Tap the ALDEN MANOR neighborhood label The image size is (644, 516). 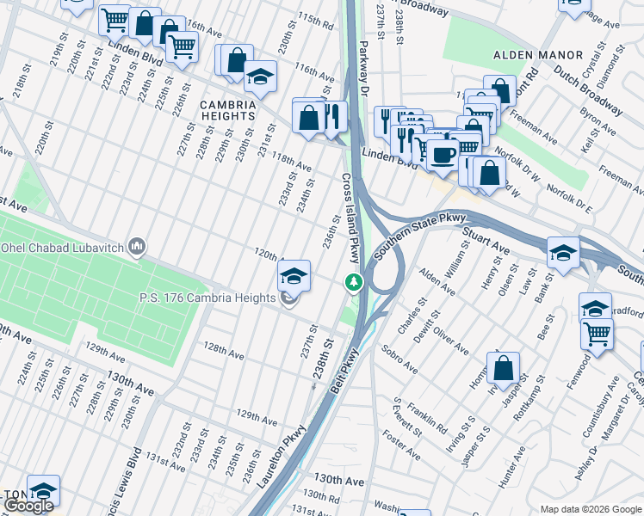pyautogui.click(x=532, y=55)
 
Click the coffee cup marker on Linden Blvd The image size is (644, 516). pyautogui.click(x=443, y=154)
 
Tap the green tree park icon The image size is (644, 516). pyautogui.click(x=353, y=281)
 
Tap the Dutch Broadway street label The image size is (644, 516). pyautogui.click(x=588, y=90)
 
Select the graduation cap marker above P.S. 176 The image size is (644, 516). pyautogui.click(x=294, y=275)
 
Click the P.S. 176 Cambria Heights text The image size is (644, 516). pyautogui.click(x=207, y=298)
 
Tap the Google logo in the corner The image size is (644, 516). pyautogui.click(x=28, y=506)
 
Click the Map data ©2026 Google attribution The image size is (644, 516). pyautogui.click(x=590, y=509)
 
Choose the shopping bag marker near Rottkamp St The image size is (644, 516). pyautogui.click(x=504, y=368)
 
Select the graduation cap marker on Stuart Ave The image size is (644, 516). pyautogui.click(x=562, y=252)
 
